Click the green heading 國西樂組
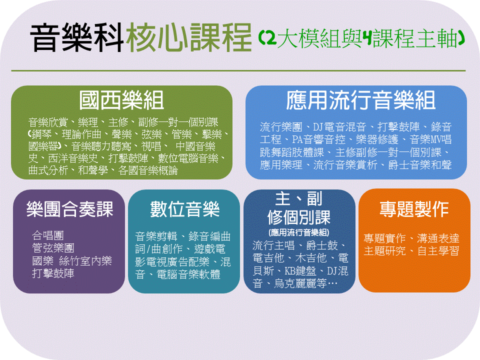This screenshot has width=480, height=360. pyautogui.click(x=121, y=100)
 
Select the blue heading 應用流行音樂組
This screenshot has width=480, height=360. pyautogui.click(x=360, y=100)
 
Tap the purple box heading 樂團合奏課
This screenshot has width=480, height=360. pyautogui.click(x=70, y=209)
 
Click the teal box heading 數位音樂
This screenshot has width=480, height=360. pyautogui.click(x=184, y=209)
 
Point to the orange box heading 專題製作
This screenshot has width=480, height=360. pyautogui.click(x=414, y=209)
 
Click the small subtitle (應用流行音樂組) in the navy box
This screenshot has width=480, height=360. pyautogui.click(x=299, y=232)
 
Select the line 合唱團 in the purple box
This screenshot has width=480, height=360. pyautogui.click(x=48, y=235)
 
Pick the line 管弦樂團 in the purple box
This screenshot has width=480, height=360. pyautogui.click(x=53, y=248)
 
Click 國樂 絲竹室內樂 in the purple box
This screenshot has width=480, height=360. pyautogui.click(x=72, y=261)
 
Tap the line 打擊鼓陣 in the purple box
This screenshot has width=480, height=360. pyautogui.click(x=53, y=273)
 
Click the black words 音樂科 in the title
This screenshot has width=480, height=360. pyautogui.click(x=77, y=38)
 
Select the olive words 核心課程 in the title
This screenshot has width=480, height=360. pyautogui.click(x=189, y=38)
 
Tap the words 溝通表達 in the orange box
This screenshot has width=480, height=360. pyautogui.click(x=438, y=238)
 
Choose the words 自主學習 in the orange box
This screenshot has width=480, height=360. pyautogui.click(x=438, y=251)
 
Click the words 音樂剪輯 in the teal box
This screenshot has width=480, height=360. pyautogui.click(x=156, y=236)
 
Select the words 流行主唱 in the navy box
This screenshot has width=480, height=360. pyautogui.click(x=273, y=245)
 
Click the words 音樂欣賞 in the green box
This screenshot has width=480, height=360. pyautogui.click(x=48, y=122)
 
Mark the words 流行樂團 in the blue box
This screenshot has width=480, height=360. pyautogui.click(x=281, y=126)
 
